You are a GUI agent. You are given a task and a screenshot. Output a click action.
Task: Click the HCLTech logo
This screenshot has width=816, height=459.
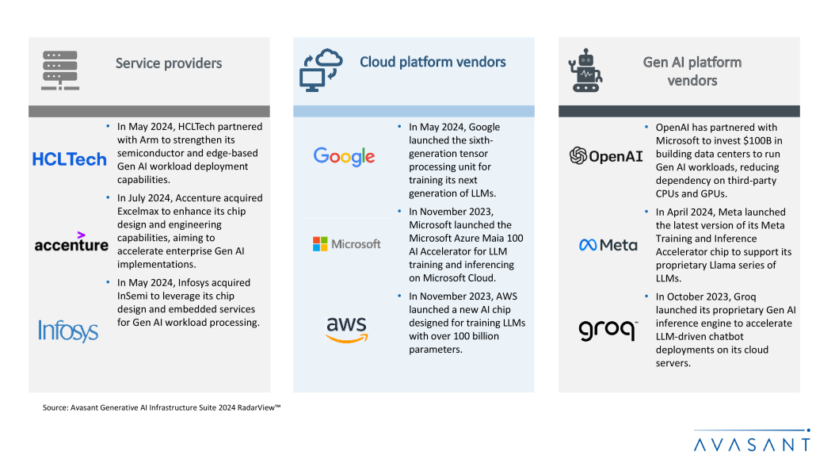tap(69, 159)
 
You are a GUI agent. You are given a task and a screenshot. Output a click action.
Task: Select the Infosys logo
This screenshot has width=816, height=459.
tap(68, 331)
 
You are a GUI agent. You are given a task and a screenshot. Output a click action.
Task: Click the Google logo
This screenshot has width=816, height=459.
tap(344, 156)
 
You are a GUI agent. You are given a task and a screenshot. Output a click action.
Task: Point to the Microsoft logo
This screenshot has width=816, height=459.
tap(346, 244)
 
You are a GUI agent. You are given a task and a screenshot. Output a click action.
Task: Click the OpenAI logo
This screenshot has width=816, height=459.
tap(606, 156)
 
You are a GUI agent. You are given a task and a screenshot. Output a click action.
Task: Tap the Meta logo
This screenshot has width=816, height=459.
tap(608, 245)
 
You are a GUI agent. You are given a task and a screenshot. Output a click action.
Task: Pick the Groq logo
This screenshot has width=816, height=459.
tap(608, 329)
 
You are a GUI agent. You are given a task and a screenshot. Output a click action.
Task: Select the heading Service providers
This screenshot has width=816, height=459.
tap(169, 63)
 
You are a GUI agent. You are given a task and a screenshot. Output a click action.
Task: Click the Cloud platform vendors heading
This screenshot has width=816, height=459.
tap(433, 62)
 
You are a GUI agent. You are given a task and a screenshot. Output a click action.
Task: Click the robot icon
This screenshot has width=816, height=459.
tap(586, 71)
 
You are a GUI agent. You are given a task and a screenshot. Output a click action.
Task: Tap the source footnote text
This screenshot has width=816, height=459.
tap(162, 407)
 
